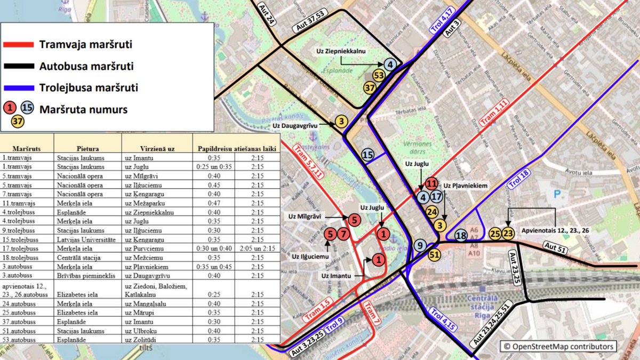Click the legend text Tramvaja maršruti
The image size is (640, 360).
coord(85,45)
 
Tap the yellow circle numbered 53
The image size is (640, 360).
coord(379,76)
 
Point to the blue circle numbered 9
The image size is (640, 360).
coord(420,245)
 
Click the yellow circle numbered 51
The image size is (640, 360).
coord(434,254)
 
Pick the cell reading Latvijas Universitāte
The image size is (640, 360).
coord(82,239)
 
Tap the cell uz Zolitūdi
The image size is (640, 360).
coord(140,339)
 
